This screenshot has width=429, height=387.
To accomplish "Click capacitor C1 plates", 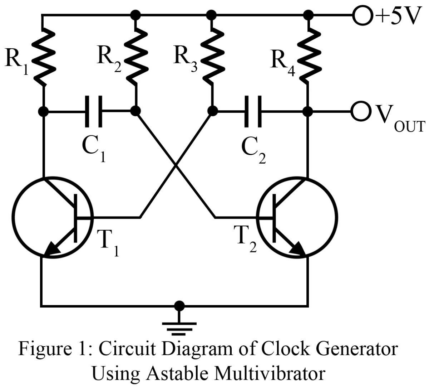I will [94, 111].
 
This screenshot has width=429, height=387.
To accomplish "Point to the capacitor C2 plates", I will [253, 111].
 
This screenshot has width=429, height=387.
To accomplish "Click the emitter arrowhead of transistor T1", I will [53, 250].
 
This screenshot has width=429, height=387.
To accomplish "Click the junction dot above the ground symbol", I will [179, 306].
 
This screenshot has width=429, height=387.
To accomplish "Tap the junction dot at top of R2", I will [135, 15].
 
